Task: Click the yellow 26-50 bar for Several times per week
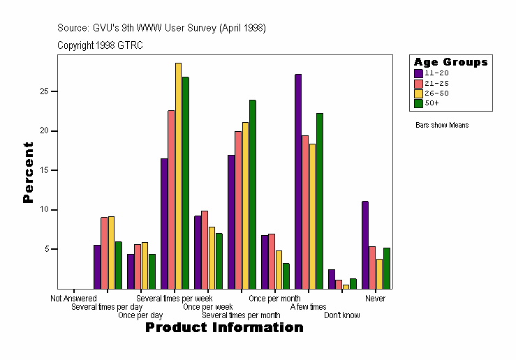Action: point(178,175)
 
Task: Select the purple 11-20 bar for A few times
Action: point(298,181)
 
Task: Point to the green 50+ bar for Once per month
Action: point(286,276)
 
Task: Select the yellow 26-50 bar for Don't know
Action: point(346,286)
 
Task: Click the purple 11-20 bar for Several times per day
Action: point(97,267)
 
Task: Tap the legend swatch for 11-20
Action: point(418,73)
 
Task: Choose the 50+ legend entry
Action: point(432,103)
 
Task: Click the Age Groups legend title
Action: point(450,62)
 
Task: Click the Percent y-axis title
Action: point(28,172)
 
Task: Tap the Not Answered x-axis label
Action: point(73,299)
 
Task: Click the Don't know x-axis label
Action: point(342,315)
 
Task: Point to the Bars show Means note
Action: point(442,126)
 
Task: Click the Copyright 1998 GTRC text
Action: point(100,45)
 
